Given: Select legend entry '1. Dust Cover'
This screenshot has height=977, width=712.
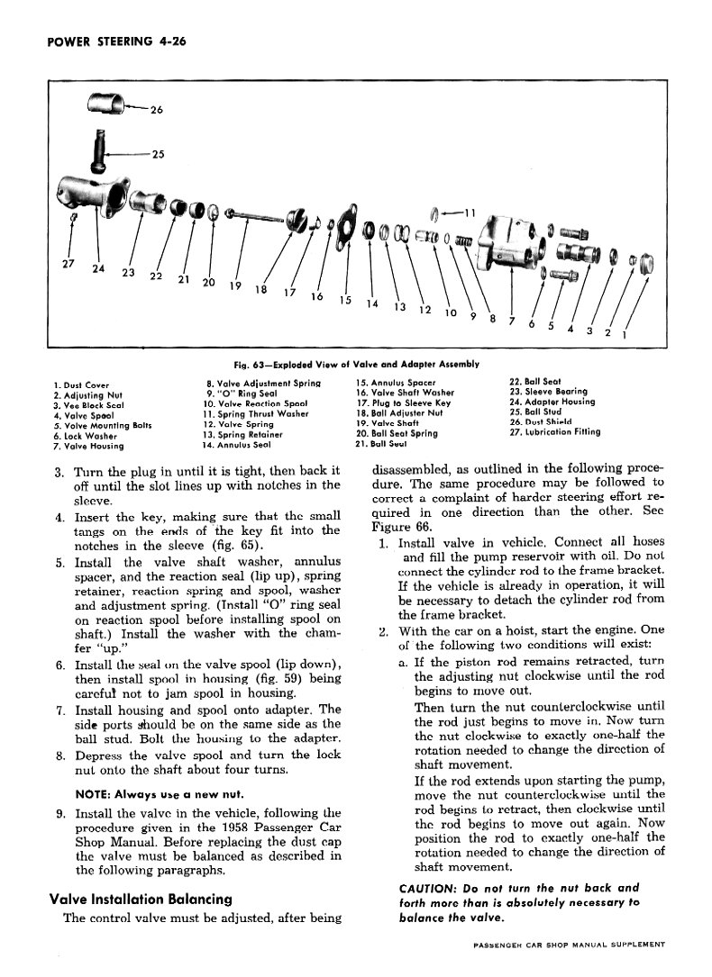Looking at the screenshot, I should click(x=81, y=385).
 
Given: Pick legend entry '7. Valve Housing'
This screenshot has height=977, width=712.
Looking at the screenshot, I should click(x=89, y=445).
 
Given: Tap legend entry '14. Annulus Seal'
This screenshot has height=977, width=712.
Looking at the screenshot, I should click(x=237, y=445).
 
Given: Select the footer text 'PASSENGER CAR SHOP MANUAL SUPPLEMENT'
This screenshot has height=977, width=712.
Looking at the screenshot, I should click(x=568, y=945).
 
